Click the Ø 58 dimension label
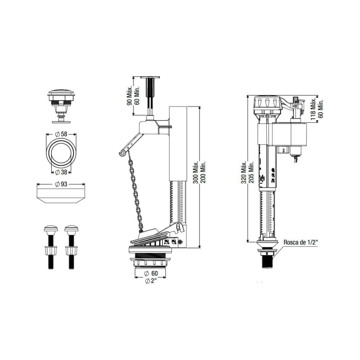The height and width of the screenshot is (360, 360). (x=61, y=134)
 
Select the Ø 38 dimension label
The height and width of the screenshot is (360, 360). (x=61, y=172)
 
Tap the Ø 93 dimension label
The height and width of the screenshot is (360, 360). (x=61, y=184)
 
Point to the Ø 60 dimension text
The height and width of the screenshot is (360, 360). (x=151, y=273)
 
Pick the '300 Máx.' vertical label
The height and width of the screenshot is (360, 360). (x=195, y=172)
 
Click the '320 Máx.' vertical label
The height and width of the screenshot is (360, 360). (x=244, y=172)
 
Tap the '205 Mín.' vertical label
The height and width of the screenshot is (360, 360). (x=251, y=172)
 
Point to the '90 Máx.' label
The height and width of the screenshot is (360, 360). (x=130, y=96)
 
